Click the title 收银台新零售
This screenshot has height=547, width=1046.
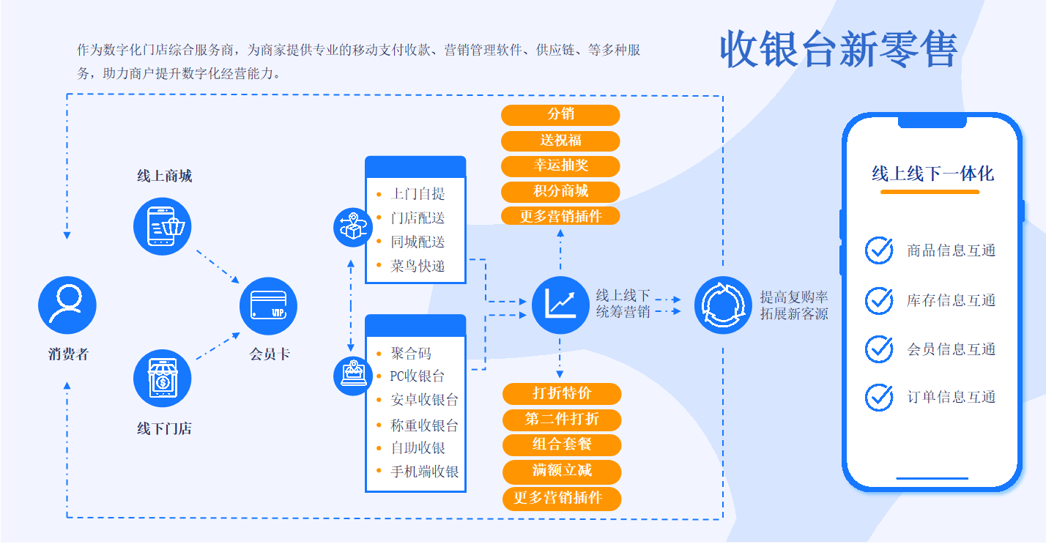tap(839, 50)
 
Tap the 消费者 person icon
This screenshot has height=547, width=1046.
tap(67, 305)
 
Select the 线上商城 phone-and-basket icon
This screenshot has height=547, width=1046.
tap(163, 226)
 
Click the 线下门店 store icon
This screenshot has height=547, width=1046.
tap(163, 379)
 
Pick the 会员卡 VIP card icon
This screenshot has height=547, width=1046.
tap(268, 305)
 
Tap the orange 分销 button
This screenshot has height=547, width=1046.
tap(560, 115)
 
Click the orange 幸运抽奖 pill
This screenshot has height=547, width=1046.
tap(560, 165)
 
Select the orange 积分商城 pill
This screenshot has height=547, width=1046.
tap(560, 191)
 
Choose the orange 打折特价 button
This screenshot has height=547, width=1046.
tap(562, 393)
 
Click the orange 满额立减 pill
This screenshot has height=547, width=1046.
tap(562, 470)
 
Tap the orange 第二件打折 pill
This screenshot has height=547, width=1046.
tap(562, 420)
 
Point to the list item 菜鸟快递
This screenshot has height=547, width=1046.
tap(418, 266)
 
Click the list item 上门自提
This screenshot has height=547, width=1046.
tap(418, 194)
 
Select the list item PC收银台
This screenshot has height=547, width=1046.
tap(418, 376)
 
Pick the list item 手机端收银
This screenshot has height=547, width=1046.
tap(425, 472)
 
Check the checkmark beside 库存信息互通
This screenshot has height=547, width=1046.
tap(879, 300)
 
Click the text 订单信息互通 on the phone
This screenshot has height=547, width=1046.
tap(951, 398)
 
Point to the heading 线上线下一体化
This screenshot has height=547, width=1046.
tap(932, 174)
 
